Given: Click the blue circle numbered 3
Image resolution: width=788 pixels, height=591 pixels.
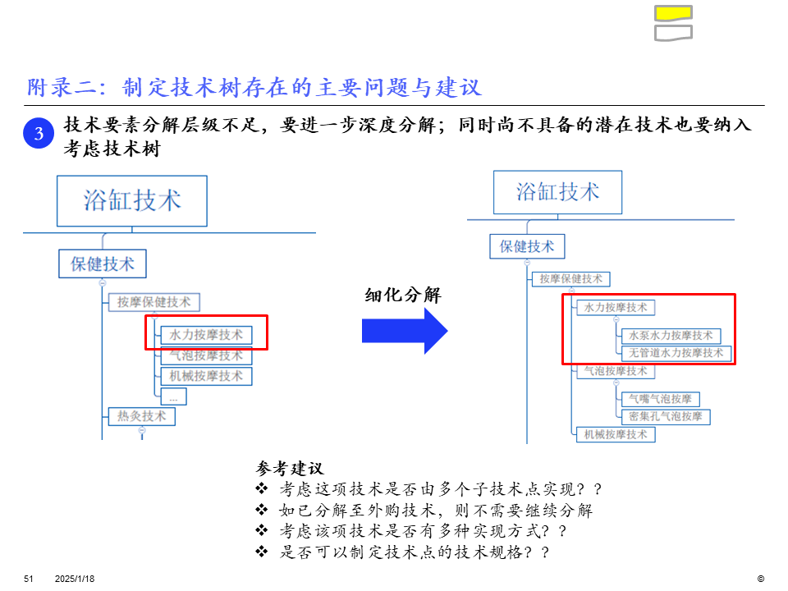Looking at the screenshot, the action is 39,133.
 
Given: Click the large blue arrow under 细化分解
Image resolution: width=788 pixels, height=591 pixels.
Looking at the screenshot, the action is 405,331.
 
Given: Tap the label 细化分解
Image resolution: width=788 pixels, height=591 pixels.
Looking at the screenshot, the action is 403,295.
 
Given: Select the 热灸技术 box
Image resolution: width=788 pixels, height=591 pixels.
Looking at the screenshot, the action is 141,416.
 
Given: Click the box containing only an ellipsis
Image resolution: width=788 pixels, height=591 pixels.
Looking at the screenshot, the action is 173,396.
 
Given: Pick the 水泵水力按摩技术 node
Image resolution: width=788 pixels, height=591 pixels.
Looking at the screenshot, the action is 671,336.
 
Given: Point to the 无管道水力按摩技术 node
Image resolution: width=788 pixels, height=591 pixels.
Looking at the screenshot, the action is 676,353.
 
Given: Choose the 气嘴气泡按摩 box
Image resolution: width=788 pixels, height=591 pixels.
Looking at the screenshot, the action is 660,399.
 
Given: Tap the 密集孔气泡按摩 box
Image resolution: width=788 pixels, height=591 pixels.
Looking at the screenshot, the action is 665,416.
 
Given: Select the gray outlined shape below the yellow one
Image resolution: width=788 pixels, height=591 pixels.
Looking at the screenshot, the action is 673,33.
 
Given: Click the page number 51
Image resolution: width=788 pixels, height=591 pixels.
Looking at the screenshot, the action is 28,579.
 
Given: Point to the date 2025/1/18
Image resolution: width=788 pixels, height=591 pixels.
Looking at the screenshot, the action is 75,579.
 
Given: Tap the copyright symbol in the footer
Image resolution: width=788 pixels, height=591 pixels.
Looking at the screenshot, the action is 760,579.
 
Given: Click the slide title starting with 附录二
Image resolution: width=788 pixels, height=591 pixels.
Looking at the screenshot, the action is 254,87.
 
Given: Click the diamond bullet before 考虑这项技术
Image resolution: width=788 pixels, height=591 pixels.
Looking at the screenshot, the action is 262,489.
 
